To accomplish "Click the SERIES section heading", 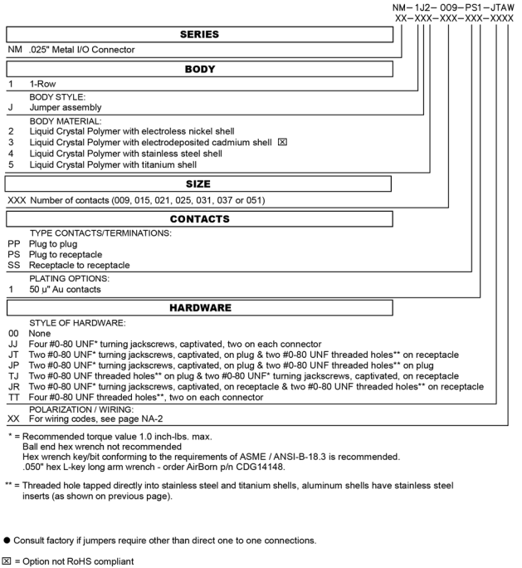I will click(x=199, y=36).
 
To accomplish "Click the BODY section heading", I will click(x=199, y=72).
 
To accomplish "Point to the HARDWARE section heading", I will click(x=199, y=308).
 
